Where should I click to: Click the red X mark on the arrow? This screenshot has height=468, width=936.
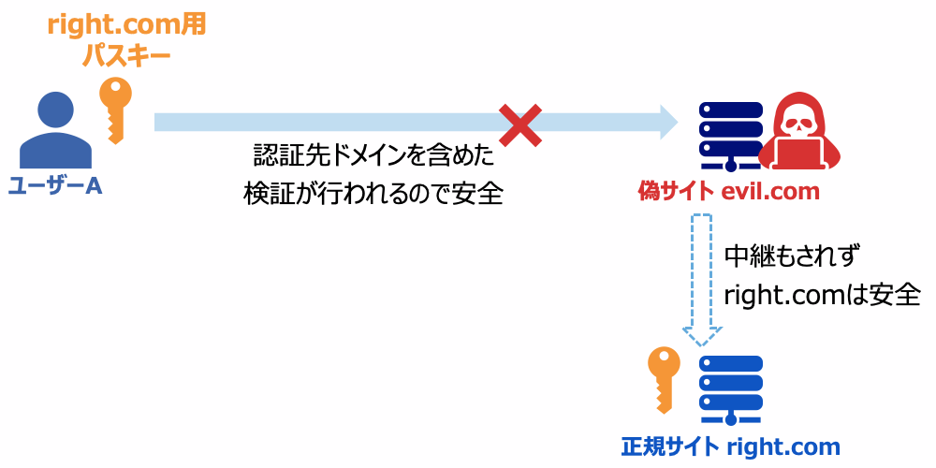click(520, 124)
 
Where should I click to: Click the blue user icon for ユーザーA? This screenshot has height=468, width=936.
click(53, 131)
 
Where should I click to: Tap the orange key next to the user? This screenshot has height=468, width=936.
click(116, 109)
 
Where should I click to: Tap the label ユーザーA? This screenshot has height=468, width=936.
click(54, 186)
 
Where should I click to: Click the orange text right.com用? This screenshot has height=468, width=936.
click(126, 25)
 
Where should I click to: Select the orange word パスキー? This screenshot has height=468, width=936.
click(126, 56)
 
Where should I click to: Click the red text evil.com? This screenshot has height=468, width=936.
click(770, 192)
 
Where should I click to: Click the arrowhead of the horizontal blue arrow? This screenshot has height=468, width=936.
click(666, 122)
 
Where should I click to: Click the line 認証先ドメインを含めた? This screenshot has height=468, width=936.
click(373, 155)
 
